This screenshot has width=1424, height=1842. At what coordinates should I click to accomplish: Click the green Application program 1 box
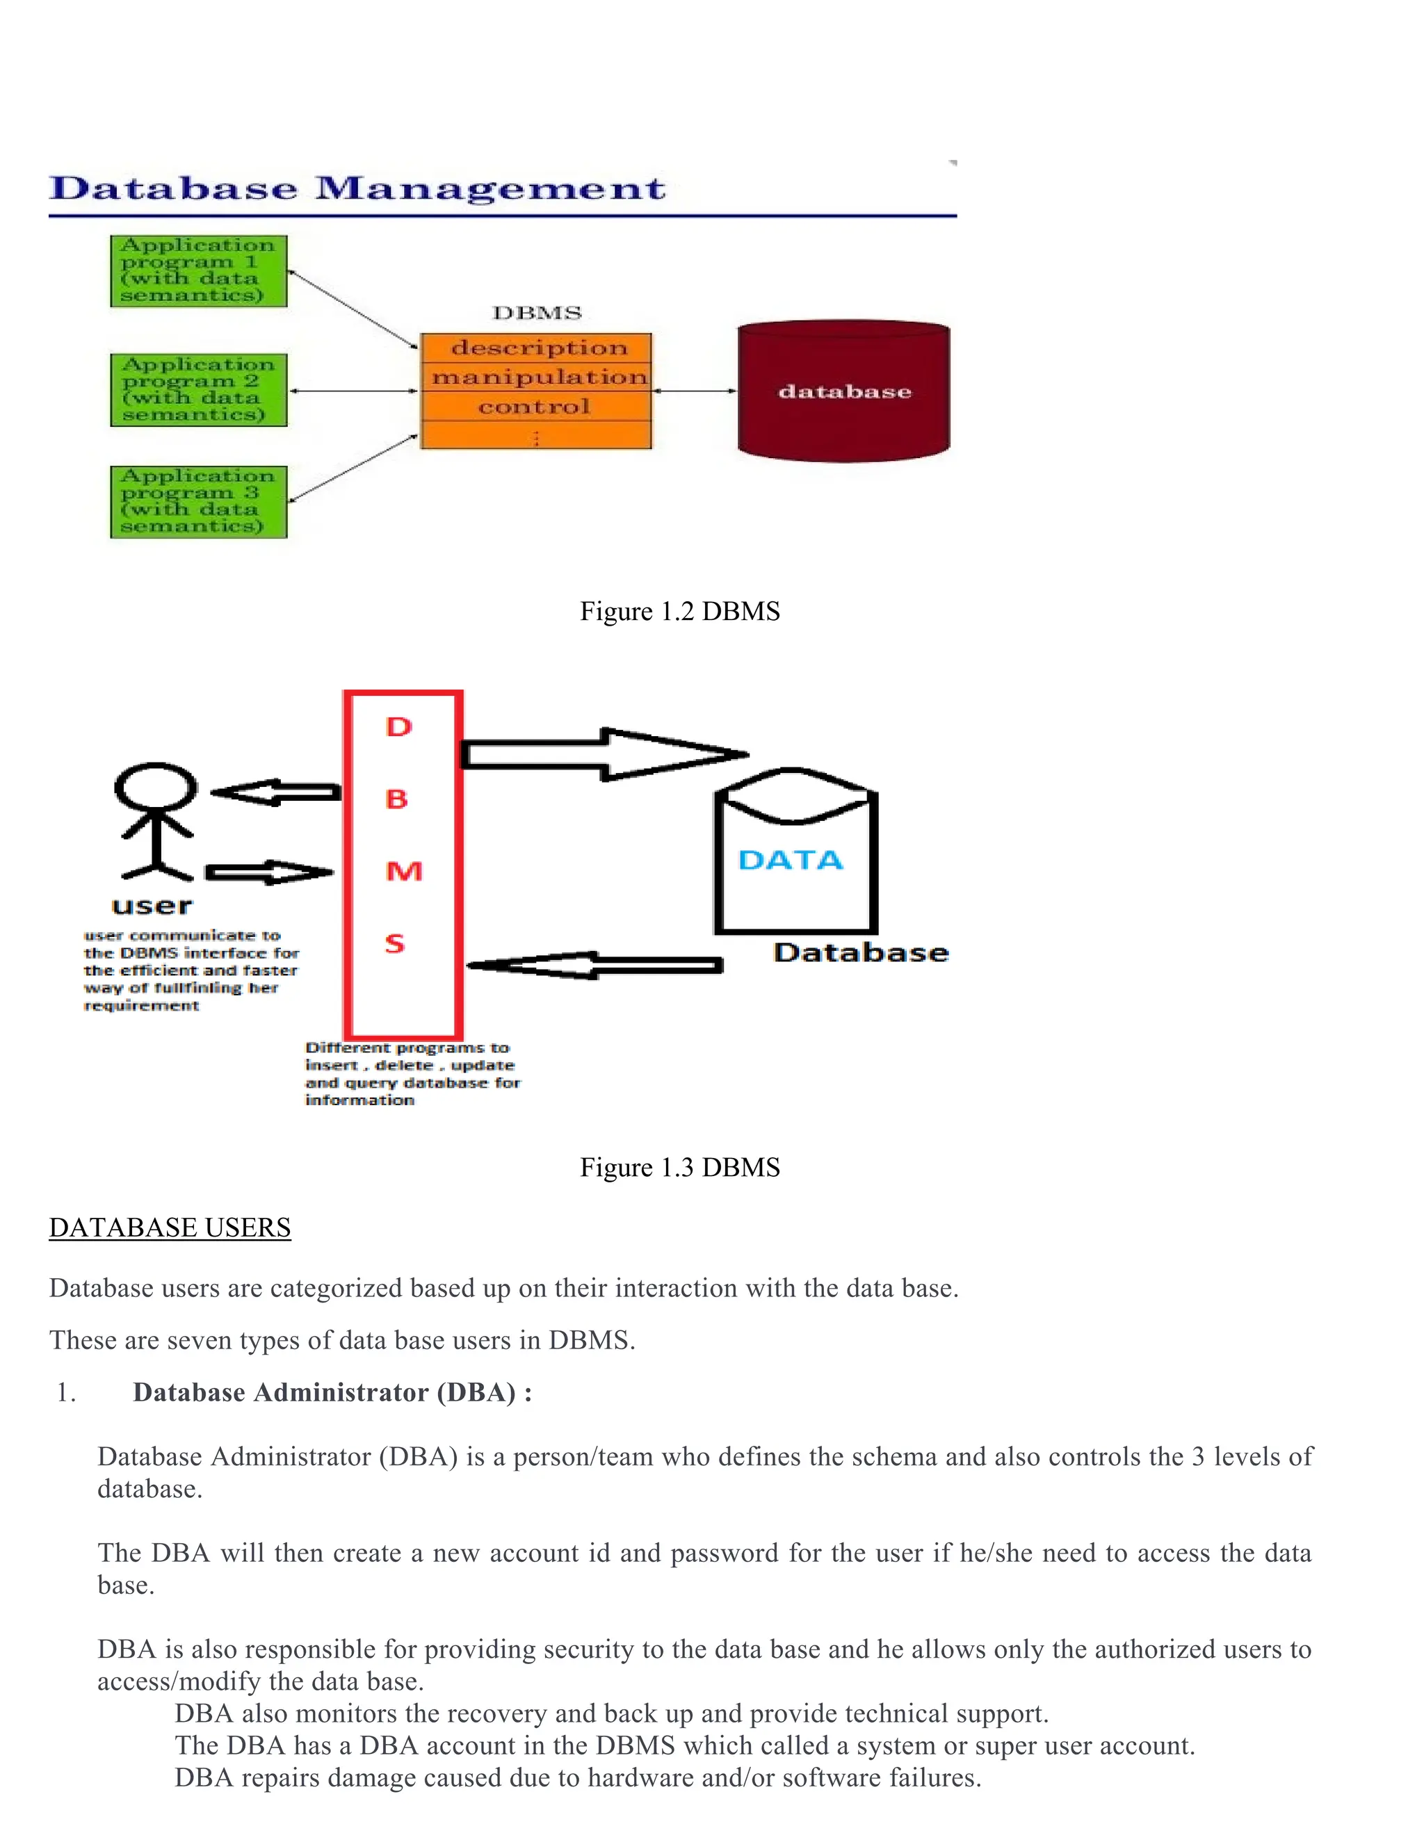click(199, 270)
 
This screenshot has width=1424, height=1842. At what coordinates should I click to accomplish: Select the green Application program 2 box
click(199, 390)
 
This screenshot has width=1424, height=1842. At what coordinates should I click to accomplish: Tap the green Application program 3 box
click(199, 502)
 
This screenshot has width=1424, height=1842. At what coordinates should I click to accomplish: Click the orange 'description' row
click(537, 348)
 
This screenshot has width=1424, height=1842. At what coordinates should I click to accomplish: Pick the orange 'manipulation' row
click(537, 377)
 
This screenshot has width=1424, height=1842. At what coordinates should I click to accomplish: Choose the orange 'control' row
click(537, 407)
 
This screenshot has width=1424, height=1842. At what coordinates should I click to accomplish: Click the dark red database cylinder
click(843, 391)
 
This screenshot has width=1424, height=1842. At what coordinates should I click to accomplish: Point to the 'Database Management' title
click(357, 188)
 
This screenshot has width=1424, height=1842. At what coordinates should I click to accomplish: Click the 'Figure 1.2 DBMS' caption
click(680, 612)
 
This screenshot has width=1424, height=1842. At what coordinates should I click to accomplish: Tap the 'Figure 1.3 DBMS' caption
click(680, 1167)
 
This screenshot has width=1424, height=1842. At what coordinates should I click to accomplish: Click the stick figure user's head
click(155, 787)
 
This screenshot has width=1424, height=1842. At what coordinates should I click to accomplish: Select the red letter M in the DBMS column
click(403, 871)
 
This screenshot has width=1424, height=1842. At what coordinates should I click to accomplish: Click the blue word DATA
click(791, 861)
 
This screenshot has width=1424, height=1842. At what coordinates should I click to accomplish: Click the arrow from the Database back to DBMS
click(594, 965)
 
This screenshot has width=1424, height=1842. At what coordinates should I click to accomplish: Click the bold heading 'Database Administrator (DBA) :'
click(332, 1392)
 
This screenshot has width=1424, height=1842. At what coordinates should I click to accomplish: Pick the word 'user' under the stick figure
click(152, 906)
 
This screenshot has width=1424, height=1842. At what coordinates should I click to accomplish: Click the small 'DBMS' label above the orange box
click(537, 313)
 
